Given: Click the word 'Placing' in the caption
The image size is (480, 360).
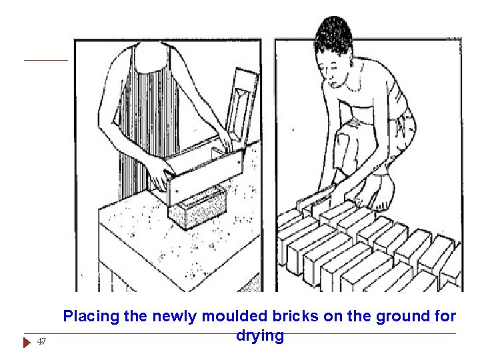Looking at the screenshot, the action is point(91,317).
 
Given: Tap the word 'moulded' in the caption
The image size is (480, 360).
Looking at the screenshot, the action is point(234,316).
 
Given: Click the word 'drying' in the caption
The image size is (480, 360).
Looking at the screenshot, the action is point(260,336).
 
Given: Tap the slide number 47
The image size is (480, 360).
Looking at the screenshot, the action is point(41,341).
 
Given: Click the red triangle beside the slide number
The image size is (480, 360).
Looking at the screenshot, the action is point(27,342).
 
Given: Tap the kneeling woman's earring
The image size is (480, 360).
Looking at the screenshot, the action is point(351,64).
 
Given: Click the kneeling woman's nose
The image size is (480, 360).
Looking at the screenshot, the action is point(331,80).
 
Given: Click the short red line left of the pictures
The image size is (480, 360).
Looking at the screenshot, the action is point(46,60).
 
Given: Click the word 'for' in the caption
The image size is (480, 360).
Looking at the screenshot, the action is point(445,316).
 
